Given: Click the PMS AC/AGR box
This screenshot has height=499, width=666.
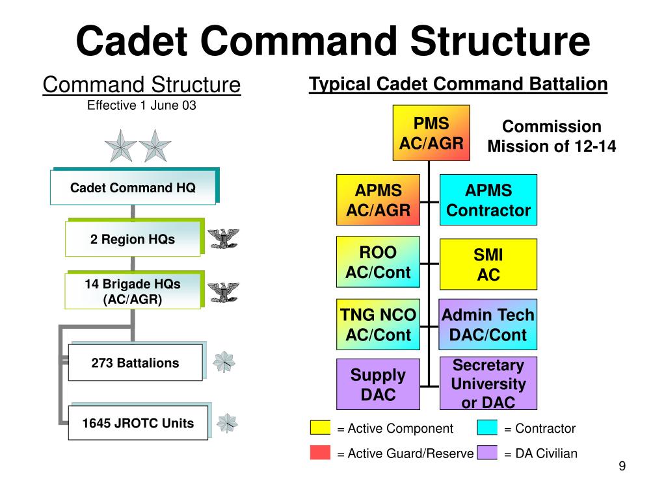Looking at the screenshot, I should coord(432,133).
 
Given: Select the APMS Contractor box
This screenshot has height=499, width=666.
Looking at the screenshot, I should coord(488,200).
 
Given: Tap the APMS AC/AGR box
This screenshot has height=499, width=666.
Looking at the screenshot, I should coord(378,200).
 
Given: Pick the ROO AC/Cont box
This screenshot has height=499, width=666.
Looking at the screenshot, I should coord(378,262).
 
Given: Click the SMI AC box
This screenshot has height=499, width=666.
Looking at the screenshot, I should coord(488,264).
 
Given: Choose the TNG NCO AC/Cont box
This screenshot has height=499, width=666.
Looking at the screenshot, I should coord(378,325).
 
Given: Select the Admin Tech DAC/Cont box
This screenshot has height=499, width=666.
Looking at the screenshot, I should coord(488,325).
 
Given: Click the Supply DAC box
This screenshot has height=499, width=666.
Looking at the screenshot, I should coord(378,384).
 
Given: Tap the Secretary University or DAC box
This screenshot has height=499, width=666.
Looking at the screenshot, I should coord(488,383).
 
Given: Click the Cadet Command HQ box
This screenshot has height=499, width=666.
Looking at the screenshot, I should coord(133,188).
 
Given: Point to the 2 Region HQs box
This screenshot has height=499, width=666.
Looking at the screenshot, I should coord(133,239).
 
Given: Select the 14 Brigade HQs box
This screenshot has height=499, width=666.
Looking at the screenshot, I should coord(133,291).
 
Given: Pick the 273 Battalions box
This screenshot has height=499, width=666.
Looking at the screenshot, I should coord(135,363).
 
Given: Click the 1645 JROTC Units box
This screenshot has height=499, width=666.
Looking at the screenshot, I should coord(138,423).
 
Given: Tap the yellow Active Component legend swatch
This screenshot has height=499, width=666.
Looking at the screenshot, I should coord(320,428).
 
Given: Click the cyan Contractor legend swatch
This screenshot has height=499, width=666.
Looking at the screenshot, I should coord(487,428).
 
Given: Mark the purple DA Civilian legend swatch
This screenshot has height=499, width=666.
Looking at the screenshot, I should coord(487,453).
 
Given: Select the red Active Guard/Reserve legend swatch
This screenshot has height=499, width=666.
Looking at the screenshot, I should coord(320,453).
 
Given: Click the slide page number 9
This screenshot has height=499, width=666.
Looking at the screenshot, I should coord(622,467).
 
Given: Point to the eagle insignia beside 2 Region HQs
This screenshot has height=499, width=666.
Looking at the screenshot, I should coord(222,239).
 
